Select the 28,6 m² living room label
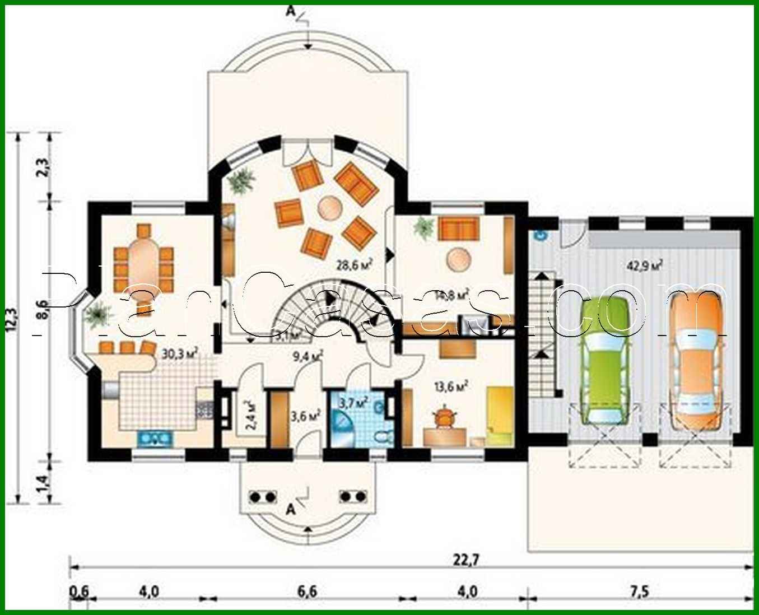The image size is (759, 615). coord(354,264)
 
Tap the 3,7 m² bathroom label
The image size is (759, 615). coord(353,401)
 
